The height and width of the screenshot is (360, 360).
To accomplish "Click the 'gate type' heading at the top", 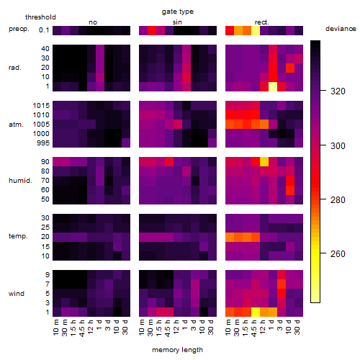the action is (178, 12).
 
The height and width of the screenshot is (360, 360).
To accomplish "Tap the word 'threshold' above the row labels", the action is (40, 17).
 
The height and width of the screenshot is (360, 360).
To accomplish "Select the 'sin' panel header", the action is (177, 22).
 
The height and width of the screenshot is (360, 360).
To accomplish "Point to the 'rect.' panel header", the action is (261, 22).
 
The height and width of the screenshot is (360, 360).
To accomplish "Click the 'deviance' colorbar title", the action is (341, 29).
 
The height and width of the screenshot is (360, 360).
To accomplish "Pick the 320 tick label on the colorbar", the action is (338, 91).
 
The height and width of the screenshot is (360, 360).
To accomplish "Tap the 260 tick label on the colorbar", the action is (338, 254).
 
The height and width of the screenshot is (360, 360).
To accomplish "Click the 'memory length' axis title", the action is (177, 350).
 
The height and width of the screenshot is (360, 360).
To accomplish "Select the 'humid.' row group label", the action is (20, 181).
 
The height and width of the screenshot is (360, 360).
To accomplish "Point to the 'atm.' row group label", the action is (16, 125).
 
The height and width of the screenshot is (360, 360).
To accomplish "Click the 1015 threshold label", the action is (41, 106).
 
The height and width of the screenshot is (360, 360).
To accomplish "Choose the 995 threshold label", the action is (43, 143).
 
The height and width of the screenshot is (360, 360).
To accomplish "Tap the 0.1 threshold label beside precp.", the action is (44, 30).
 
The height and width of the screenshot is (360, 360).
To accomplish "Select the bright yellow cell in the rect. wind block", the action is (256, 312).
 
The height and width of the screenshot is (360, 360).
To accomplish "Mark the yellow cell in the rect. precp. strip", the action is (256, 30).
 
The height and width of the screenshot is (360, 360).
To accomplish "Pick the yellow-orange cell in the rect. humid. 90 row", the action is (264, 162).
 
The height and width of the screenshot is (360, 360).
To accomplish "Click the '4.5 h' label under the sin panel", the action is (168, 328).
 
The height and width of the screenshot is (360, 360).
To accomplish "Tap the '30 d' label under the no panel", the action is (125, 327).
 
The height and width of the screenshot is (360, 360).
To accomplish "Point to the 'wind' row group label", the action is (17, 294).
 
